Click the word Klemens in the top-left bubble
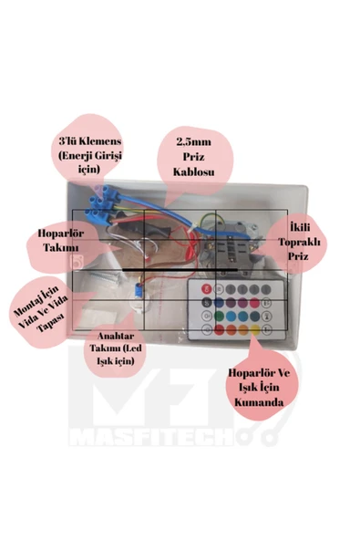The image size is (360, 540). [100, 141]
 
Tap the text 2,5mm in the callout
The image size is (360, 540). [194, 142]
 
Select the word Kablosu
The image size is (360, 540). [194, 171]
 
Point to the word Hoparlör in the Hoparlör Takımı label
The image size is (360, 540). [60, 234]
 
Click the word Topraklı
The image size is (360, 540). [299, 242]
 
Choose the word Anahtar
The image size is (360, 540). [116, 336]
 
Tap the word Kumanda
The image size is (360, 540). [259, 402]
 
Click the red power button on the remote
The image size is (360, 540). [207, 289]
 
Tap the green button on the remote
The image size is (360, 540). [219, 316]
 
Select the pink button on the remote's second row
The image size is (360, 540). [254, 303]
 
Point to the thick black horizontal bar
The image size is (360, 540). [180, 270]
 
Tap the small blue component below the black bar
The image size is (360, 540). [139, 291]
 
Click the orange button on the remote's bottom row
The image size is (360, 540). [243, 329]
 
